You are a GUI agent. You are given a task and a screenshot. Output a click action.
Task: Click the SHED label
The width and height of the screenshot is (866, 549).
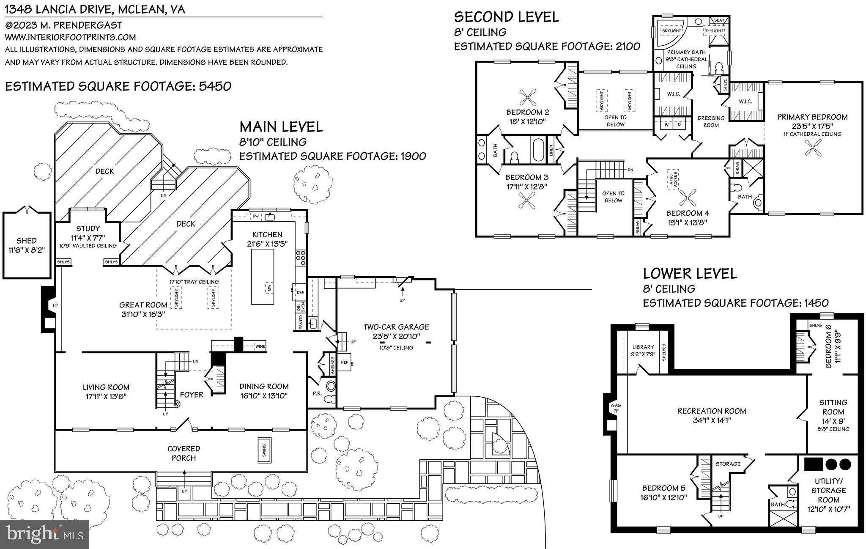click(26, 241)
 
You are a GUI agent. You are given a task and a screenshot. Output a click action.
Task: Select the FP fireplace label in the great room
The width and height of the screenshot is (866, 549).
click(55, 305)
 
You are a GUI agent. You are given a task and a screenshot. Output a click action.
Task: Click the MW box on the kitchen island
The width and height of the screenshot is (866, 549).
click(269, 288)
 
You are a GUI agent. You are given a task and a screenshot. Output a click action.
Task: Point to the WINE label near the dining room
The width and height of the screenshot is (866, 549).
click(260, 346)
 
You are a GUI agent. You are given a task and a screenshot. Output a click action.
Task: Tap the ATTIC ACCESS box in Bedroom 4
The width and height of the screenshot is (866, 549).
click(672, 179)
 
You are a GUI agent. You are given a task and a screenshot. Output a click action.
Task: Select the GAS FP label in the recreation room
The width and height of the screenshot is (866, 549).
click(616, 408)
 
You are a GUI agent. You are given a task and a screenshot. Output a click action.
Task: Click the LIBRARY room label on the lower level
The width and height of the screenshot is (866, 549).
click(643, 347)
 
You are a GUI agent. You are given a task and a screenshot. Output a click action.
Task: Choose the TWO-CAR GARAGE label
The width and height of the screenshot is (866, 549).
click(396, 327)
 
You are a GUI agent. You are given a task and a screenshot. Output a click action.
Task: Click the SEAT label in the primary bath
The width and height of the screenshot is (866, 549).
click(719, 20)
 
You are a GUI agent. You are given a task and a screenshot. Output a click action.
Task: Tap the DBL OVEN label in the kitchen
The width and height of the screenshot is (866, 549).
click(299, 307)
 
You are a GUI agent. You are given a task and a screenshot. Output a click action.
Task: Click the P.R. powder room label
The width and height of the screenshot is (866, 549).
click(316, 393)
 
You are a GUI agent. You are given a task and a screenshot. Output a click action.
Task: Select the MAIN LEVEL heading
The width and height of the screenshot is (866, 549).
click(281, 127)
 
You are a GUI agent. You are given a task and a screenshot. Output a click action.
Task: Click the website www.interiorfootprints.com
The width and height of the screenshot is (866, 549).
click(70, 37)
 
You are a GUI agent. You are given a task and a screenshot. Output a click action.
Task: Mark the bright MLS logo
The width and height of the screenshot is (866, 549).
click(44, 534)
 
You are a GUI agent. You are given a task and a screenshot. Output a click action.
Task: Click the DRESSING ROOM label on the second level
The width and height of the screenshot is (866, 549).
click(711, 121)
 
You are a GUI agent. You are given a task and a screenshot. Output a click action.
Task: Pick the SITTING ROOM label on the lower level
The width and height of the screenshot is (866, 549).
click(833, 407)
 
